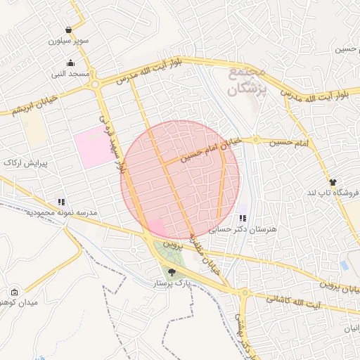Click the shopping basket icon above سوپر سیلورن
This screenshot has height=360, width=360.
point(68,30)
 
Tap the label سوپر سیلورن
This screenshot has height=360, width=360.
point(69,41)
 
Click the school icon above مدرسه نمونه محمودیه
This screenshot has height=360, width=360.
point(62,202)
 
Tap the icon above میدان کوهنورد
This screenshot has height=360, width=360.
point(15,292)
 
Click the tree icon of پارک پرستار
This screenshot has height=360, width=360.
point(172,271)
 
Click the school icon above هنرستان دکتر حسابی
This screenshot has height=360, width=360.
point(243,219)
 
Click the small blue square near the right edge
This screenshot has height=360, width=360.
point(344,265)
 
